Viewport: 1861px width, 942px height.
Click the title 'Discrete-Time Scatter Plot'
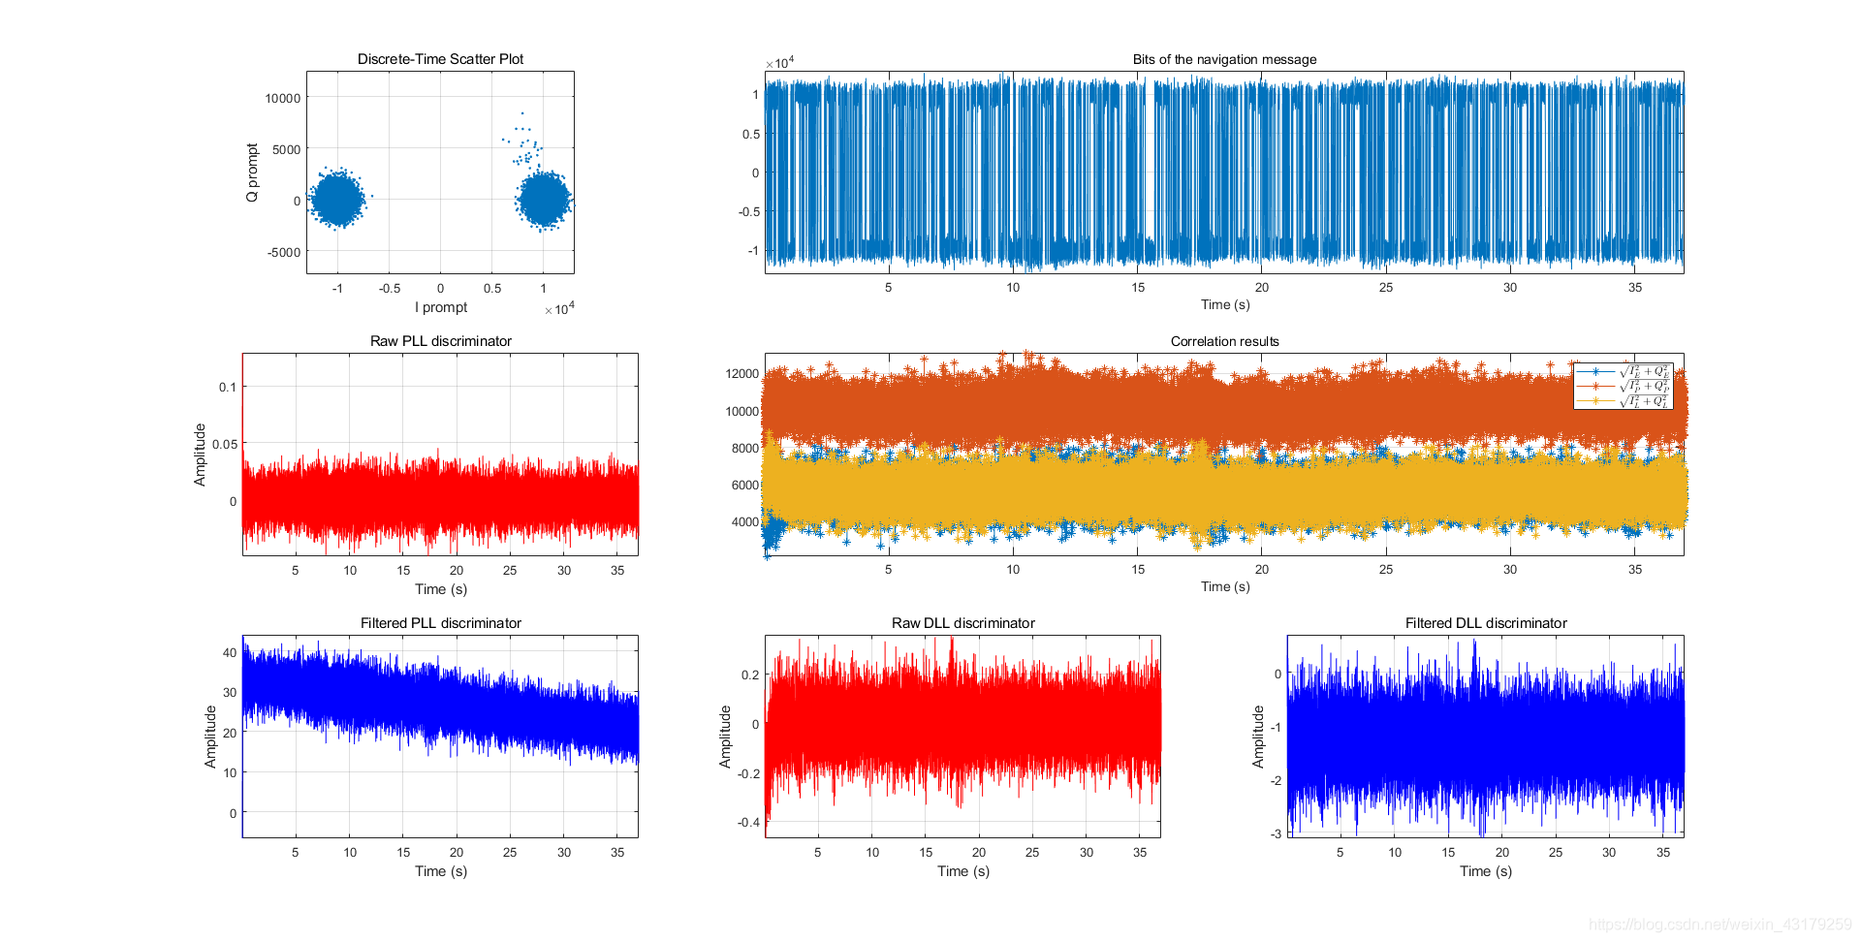(x=440, y=59)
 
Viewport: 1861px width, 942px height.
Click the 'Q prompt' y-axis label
(x=252, y=173)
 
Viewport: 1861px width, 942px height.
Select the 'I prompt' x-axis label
(x=441, y=307)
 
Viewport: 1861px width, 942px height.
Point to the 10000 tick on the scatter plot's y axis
(x=283, y=98)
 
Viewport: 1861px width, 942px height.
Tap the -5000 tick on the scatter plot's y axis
(x=284, y=252)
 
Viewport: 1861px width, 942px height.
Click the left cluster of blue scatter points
(x=337, y=199)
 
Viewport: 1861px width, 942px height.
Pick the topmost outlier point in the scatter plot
(x=522, y=113)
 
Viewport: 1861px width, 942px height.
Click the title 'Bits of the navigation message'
(x=1224, y=59)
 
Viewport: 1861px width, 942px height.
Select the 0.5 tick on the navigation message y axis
(x=751, y=134)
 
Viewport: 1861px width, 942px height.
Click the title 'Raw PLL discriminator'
(x=440, y=341)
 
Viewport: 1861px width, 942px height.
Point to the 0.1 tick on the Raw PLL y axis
(x=228, y=387)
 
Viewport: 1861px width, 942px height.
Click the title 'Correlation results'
(x=1224, y=341)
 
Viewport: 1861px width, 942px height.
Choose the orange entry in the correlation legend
(x=1623, y=386)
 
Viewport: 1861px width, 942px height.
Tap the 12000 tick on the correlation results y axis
(x=742, y=373)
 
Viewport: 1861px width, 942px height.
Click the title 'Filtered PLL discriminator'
(x=440, y=623)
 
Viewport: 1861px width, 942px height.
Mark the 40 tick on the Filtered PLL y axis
(x=230, y=652)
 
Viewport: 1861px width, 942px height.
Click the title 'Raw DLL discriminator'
(x=962, y=623)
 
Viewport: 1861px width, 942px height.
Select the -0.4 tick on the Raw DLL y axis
(x=748, y=822)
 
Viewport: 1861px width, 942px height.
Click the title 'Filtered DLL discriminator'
(x=1486, y=623)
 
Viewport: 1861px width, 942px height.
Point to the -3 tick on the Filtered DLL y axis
(x=1276, y=833)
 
